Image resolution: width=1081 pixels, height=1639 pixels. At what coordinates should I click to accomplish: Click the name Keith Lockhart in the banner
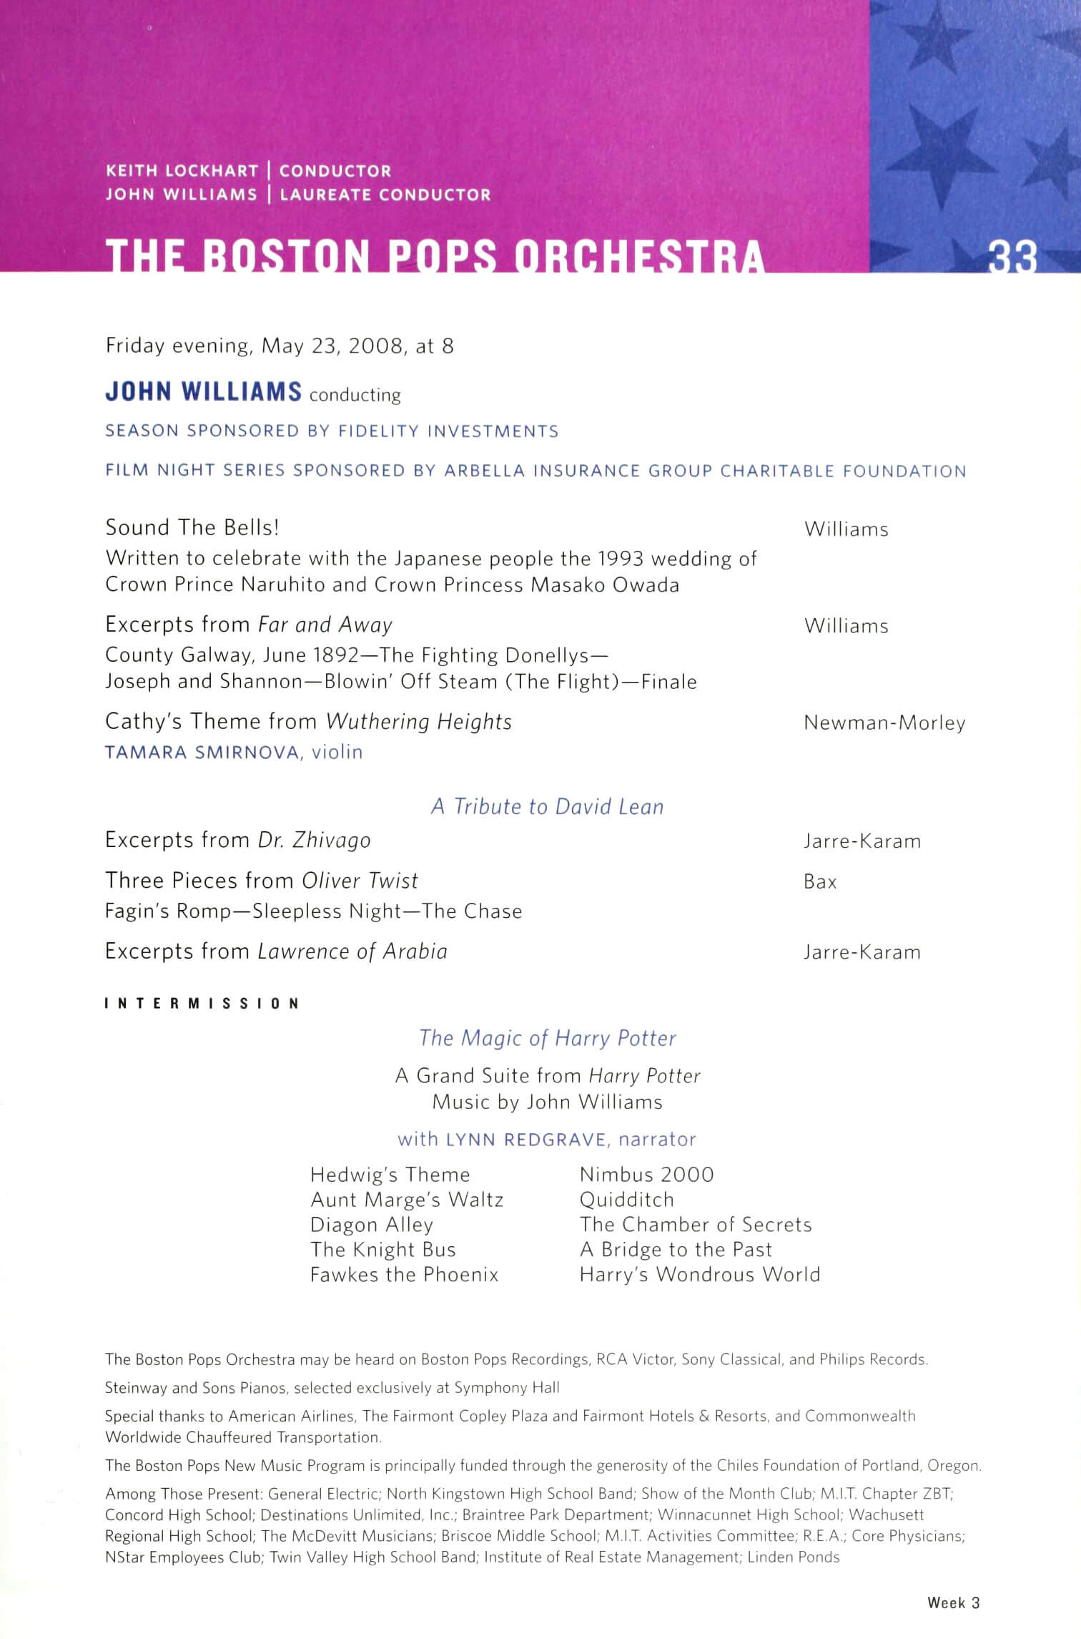182,171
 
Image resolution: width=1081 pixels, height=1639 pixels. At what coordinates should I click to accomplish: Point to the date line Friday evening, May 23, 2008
280,346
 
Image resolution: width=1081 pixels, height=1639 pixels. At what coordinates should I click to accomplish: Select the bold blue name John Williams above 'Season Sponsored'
204,392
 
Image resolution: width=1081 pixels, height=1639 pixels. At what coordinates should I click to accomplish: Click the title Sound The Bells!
192,528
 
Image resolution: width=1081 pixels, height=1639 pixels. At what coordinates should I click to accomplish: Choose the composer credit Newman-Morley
884,723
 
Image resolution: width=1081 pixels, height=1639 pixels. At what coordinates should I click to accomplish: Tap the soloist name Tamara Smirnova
202,753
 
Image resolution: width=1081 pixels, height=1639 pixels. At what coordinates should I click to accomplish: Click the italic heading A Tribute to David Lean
547,807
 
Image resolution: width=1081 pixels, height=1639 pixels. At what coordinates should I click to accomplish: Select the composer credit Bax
820,882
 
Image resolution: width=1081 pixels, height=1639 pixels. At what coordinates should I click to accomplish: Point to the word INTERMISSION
202,1004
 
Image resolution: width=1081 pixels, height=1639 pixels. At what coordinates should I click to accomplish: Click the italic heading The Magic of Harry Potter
547,1038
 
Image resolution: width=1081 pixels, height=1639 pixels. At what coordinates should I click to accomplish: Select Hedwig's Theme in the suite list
390,1175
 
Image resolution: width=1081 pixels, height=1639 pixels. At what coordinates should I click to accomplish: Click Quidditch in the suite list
626,1200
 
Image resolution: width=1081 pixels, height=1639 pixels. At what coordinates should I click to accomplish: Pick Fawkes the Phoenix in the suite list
404,1275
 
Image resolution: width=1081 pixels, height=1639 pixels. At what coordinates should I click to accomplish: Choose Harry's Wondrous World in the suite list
699,1275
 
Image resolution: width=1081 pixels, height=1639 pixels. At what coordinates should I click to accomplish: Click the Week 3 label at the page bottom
953,1603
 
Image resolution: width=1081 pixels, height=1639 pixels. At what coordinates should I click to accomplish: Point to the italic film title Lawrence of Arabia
352,951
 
